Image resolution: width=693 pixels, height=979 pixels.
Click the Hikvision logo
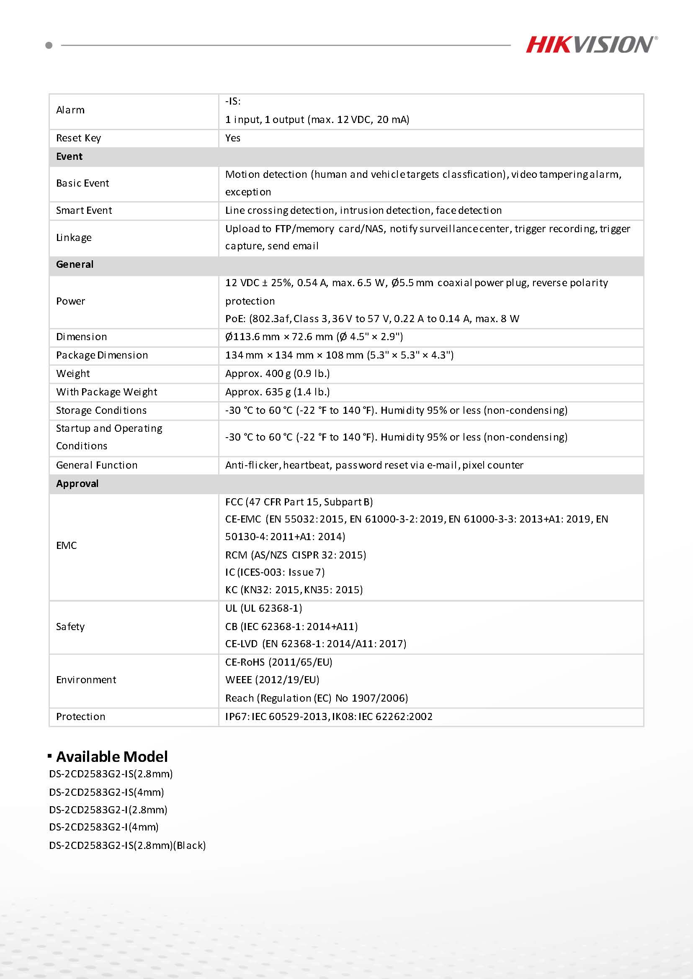591,45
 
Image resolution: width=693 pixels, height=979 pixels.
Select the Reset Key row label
79,138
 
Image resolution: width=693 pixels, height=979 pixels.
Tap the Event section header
69,156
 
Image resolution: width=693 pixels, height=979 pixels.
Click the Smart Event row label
84,210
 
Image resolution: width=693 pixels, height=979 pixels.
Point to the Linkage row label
74,238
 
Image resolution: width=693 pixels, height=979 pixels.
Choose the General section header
75,264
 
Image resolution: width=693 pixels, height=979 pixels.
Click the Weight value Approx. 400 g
277,374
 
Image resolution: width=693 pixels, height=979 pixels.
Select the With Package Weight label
107,392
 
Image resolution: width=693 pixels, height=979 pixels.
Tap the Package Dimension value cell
339,355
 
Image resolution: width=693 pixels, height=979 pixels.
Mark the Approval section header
77,484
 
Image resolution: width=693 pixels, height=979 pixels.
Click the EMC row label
67,546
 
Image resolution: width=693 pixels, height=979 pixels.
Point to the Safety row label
70,626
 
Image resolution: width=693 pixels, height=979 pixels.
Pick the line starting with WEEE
272,680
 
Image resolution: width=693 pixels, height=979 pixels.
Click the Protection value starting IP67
329,716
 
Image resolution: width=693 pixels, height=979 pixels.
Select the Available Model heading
112,756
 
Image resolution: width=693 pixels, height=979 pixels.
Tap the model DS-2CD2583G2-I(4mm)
104,827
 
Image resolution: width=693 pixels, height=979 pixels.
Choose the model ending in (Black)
127,845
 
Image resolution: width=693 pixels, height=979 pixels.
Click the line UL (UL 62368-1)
263,608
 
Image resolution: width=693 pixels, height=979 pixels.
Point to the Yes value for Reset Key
232,138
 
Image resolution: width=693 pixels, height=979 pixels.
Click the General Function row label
97,465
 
